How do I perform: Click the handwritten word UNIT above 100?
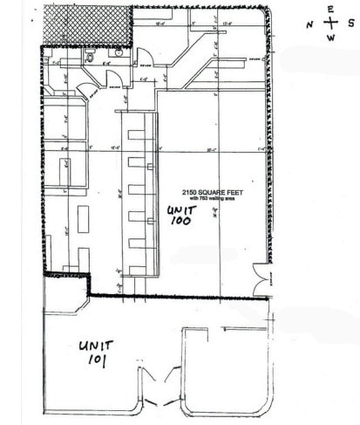[183, 210]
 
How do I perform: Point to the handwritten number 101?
[94, 360]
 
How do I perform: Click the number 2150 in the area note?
[189, 191]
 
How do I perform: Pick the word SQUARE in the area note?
[210, 191]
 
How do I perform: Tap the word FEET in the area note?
[232, 191]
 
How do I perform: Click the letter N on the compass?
[309, 24]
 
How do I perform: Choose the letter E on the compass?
[329, 10]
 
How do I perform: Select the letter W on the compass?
[329, 38]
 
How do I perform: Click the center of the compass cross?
[329, 24]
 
